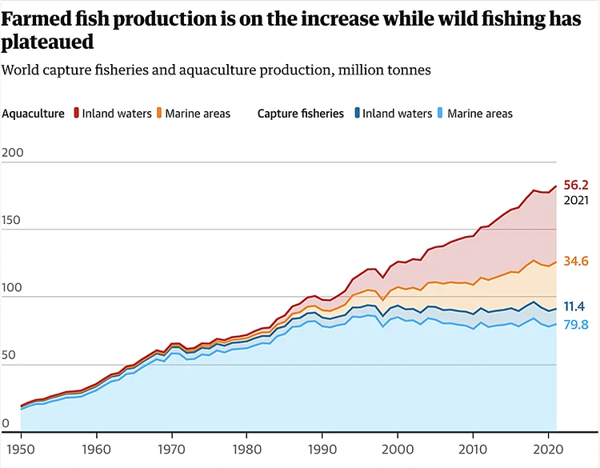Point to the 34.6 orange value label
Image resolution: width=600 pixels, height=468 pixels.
tap(576, 261)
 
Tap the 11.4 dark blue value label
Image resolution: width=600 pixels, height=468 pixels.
tap(574, 306)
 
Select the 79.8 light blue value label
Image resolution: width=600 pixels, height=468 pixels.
tap(576, 324)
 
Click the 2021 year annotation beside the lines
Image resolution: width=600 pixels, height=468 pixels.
tap(576, 201)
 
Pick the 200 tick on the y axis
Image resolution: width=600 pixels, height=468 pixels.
tap(14, 154)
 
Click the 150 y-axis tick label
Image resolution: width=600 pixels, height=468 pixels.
tap(14, 221)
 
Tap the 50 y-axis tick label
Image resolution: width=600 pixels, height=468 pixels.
tap(10, 356)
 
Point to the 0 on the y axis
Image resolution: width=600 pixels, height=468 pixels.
tap(6, 423)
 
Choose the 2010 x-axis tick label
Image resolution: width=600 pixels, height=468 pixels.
tap(472, 449)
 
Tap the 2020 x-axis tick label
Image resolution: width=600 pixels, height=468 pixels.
tap(547, 449)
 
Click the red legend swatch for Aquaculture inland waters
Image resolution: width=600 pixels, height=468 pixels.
tap(76, 114)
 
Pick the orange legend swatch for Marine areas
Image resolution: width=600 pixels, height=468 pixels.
tap(160, 114)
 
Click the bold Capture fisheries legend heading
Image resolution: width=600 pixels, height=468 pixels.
tap(301, 114)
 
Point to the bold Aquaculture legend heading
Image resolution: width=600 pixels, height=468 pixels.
tap(34, 114)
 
